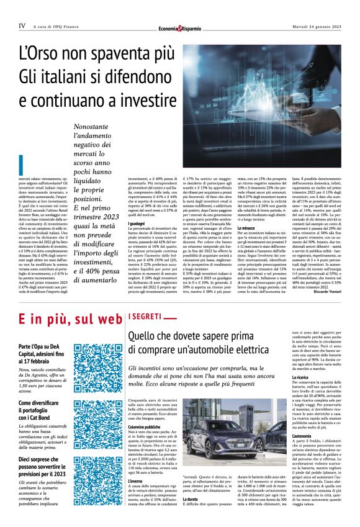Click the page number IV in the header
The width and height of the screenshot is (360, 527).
pyautogui.click(x=22, y=26)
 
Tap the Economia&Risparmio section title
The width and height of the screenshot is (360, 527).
pyautogui.click(x=179, y=27)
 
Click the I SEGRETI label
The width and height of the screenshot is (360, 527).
pyautogui.click(x=144, y=317)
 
